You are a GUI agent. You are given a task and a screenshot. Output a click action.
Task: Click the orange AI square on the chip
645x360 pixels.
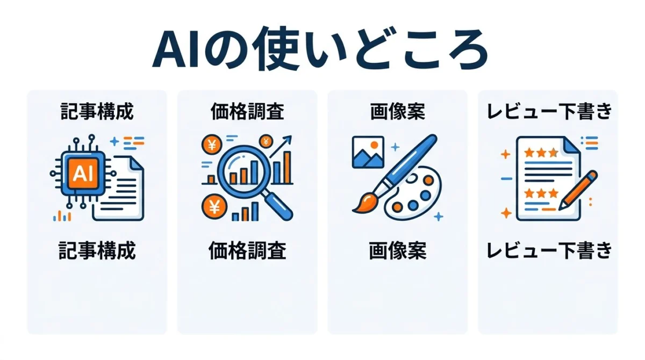click(x=83, y=173)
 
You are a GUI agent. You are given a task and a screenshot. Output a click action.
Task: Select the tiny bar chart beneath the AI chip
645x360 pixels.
click(x=62, y=216)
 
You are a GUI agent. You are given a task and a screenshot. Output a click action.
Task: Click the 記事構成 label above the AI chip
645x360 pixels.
click(x=97, y=111)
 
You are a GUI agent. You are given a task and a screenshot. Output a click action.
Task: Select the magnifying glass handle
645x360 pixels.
click(x=278, y=205)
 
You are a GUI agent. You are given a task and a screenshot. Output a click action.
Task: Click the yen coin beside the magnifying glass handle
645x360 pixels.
click(x=214, y=206)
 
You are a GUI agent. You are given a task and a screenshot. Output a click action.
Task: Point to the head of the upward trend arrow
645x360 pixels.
click(x=288, y=139)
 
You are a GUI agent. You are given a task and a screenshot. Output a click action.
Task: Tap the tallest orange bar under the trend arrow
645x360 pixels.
click(x=287, y=167)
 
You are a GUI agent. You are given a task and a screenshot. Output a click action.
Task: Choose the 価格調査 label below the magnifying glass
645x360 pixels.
click(x=247, y=250)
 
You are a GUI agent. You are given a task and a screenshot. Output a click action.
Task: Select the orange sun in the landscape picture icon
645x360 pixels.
click(x=374, y=145)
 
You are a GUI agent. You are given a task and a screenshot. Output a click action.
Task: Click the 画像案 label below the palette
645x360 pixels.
click(x=398, y=250)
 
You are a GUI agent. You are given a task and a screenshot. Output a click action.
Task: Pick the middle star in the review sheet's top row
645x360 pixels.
click(x=541, y=153)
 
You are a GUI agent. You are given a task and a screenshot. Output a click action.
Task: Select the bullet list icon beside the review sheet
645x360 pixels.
click(x=590, y=143)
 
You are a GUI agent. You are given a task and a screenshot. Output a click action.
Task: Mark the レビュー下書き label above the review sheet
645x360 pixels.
click(x=549, y=111)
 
